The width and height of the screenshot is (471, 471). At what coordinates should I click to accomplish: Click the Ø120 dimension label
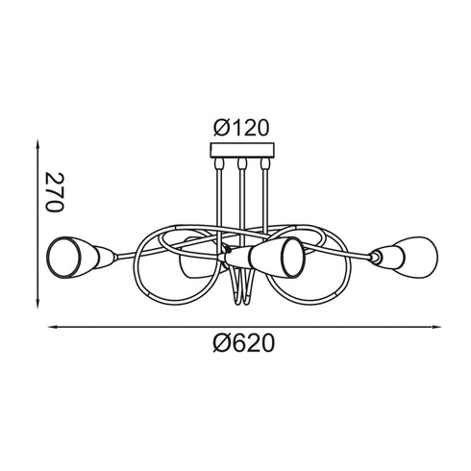241,127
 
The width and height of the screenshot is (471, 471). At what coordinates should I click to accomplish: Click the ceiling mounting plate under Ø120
241,151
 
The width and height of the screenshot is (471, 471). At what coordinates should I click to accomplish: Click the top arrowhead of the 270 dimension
37,145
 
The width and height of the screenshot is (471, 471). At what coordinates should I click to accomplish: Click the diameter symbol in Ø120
221,127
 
